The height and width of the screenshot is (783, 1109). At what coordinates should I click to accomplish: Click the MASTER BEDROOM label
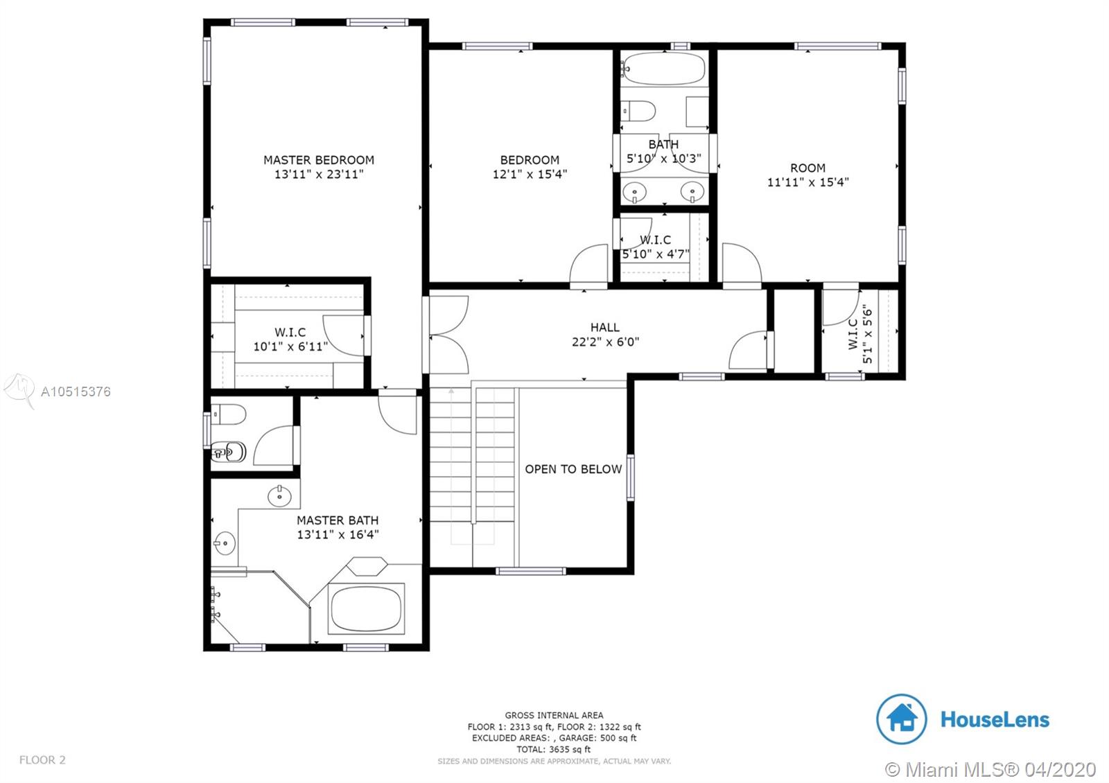click(x=319, y=160)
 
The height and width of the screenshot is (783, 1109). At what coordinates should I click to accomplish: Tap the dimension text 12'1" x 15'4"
click(x=530, y=174)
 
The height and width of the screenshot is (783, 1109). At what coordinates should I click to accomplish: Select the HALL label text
click(x=604, y=327)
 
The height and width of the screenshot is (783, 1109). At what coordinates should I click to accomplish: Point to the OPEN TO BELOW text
click(x=573, y=469)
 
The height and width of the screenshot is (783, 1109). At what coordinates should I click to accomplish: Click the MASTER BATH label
click(x=338, y=520)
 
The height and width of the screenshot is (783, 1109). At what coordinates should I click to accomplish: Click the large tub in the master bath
click(x=366, y=608)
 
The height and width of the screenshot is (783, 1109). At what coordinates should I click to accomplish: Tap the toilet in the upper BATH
click(x=638, y=111)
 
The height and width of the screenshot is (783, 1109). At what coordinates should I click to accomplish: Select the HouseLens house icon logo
click(x=902, y=719)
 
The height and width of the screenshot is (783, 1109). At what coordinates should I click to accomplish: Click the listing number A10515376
click(x=76, y=392)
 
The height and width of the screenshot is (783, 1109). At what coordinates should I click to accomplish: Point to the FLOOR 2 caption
click(x=42, y=759)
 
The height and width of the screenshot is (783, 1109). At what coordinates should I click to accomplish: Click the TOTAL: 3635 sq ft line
click(x=554, y=749)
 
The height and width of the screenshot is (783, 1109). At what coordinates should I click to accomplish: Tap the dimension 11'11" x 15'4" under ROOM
click(x=808, y=182)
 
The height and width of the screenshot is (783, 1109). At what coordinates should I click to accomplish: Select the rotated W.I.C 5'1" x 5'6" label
click(x=860, y=333)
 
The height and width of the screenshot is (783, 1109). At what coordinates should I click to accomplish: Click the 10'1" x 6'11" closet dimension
click(x=290, y=346)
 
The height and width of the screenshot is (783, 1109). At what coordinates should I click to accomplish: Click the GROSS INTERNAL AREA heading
click(x=554, y=715)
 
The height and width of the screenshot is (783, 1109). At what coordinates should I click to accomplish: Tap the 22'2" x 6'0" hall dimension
click(x=606, y=342)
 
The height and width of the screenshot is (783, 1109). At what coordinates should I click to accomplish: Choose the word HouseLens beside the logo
click(x=995, y=720)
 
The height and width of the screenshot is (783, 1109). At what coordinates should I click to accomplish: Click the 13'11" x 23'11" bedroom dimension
click(x=319, y=174)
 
